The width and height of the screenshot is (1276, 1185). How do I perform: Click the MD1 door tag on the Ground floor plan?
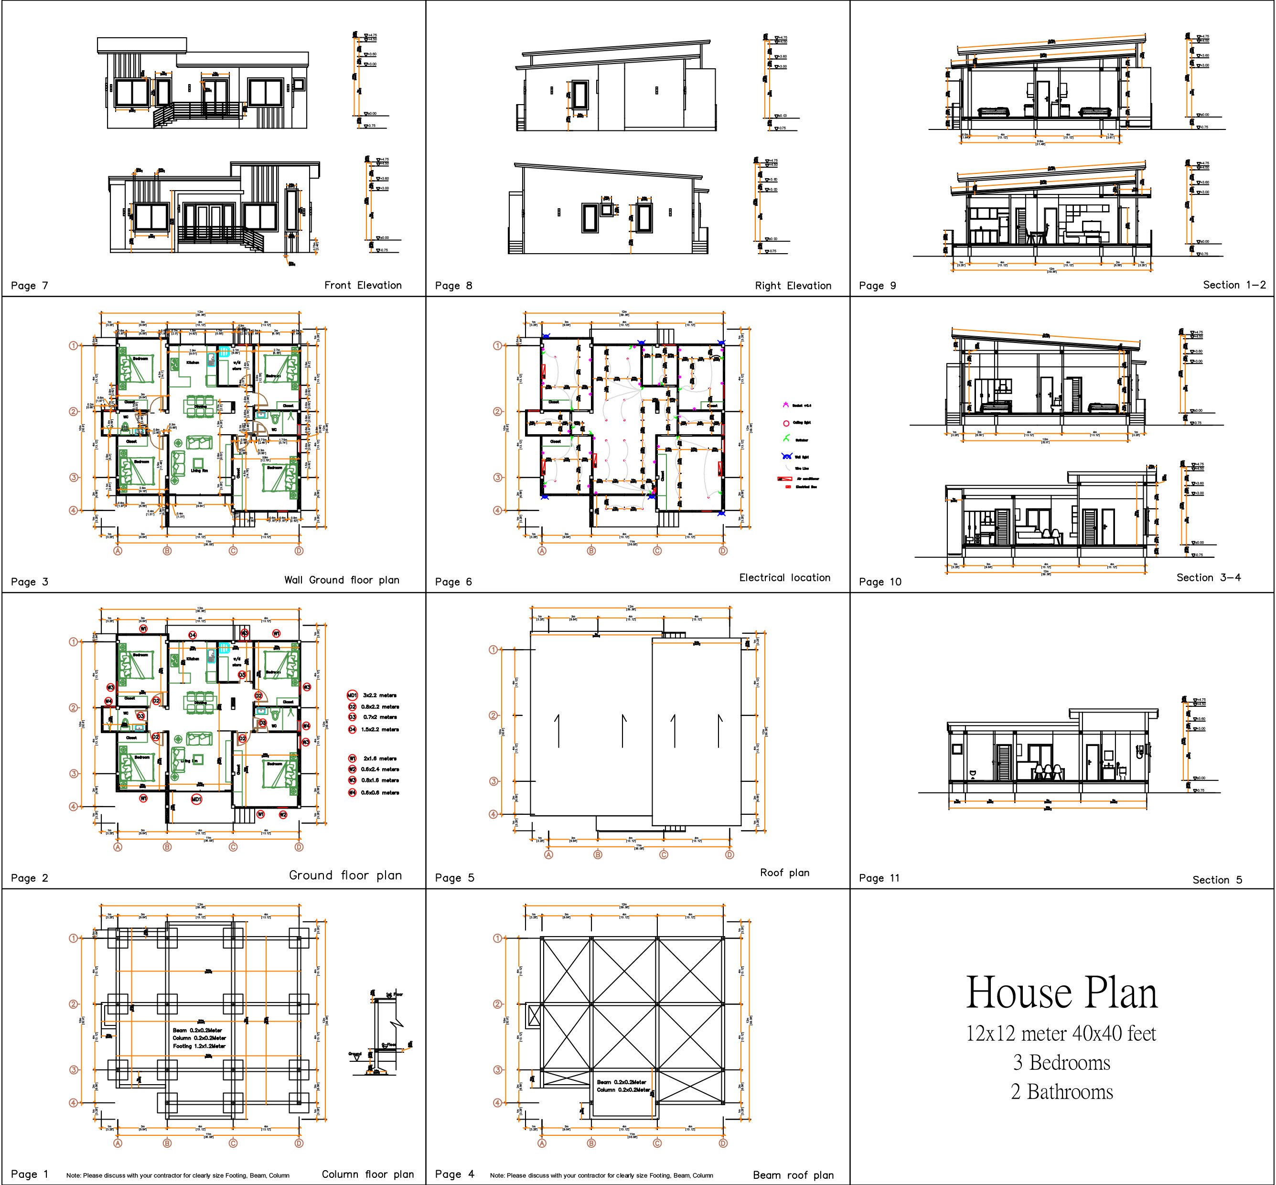click(197, 799)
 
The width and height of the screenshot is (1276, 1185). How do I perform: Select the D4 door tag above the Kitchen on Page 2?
click(193, 635)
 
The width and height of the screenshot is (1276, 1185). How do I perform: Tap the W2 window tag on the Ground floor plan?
click(283, 814)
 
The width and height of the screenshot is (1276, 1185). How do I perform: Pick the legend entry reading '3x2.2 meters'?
click(380, 695)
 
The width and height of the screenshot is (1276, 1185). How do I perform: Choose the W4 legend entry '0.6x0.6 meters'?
click(381, 792)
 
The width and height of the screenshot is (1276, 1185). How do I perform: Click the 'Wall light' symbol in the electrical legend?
click(787, 457)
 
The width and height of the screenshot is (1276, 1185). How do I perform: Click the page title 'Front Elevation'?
click(363, 285)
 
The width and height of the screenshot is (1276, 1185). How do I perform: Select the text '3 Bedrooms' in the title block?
click(1061, 1063)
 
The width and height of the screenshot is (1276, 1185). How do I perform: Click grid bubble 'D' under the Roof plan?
click(729, 854)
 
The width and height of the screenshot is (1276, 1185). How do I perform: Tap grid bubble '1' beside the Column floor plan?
click(74, 938)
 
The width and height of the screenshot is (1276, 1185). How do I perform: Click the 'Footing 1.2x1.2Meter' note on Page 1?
click(199, 1046)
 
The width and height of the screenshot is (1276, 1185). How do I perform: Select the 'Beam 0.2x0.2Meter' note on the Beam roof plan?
click(622, 1082)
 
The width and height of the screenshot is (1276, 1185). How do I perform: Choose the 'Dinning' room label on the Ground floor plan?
click(200, 703)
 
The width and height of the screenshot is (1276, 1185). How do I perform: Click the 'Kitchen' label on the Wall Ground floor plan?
click(193, 363)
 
